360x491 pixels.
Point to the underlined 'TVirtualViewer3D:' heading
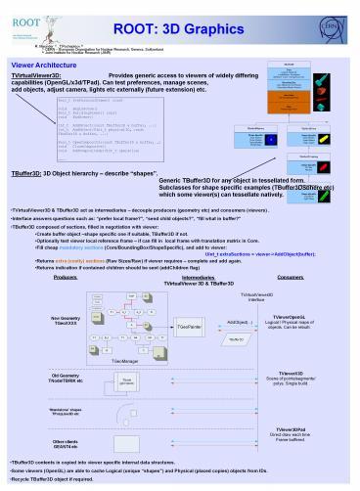point(36,73)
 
